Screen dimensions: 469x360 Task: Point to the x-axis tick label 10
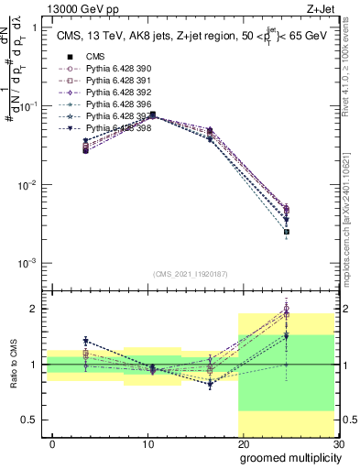(147, 444)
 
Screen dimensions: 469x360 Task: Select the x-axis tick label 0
(52, 444)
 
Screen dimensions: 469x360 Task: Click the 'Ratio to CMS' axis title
(12, 365)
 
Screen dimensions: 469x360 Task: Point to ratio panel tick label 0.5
(33, 420)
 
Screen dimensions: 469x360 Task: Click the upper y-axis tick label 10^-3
(28, 263)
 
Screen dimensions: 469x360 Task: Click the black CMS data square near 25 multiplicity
(287, 232)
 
